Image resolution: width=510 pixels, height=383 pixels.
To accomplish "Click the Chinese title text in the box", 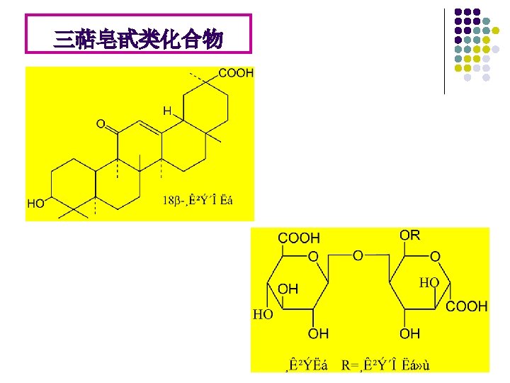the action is tap(138, 40).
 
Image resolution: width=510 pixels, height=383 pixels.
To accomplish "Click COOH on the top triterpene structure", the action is tap(236, 73).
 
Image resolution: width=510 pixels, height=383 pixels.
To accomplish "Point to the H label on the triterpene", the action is tap(167, 111).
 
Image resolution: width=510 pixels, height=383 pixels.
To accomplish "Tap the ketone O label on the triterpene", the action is tap(101, 125).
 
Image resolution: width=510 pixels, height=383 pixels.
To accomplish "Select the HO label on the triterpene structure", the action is tap(36, 204).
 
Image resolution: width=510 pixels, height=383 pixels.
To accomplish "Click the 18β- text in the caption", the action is tap(173, 201).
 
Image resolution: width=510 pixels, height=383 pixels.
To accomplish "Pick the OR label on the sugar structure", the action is tap(409, 235).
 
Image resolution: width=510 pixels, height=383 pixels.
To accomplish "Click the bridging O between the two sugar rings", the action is tap(358, 255).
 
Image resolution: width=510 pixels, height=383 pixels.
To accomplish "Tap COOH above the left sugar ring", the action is tap(299, 238).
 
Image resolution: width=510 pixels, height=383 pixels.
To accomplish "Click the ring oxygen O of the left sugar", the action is tap(312, 255).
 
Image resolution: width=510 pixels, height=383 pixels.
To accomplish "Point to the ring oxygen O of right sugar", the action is tap(435, 255).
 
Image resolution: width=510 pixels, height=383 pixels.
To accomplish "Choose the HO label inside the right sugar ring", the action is tap(429, 282).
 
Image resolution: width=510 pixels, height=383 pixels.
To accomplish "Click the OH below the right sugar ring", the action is tap(409, 333).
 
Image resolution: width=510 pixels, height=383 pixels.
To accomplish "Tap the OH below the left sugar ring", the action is tap(319, 333).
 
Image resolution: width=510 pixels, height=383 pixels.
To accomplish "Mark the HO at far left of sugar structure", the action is tap(263, 314).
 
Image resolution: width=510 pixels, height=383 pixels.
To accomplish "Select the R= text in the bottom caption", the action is tap(350, 365).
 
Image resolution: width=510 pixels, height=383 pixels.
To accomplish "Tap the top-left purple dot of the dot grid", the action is tap(458, 13).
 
